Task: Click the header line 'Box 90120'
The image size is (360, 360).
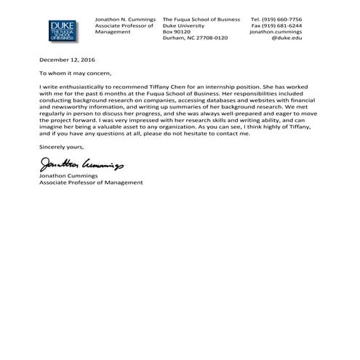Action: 177,32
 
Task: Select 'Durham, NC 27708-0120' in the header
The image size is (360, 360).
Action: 195,38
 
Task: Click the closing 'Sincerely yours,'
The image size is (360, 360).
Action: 63,147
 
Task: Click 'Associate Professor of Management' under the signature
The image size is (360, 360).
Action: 91,183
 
